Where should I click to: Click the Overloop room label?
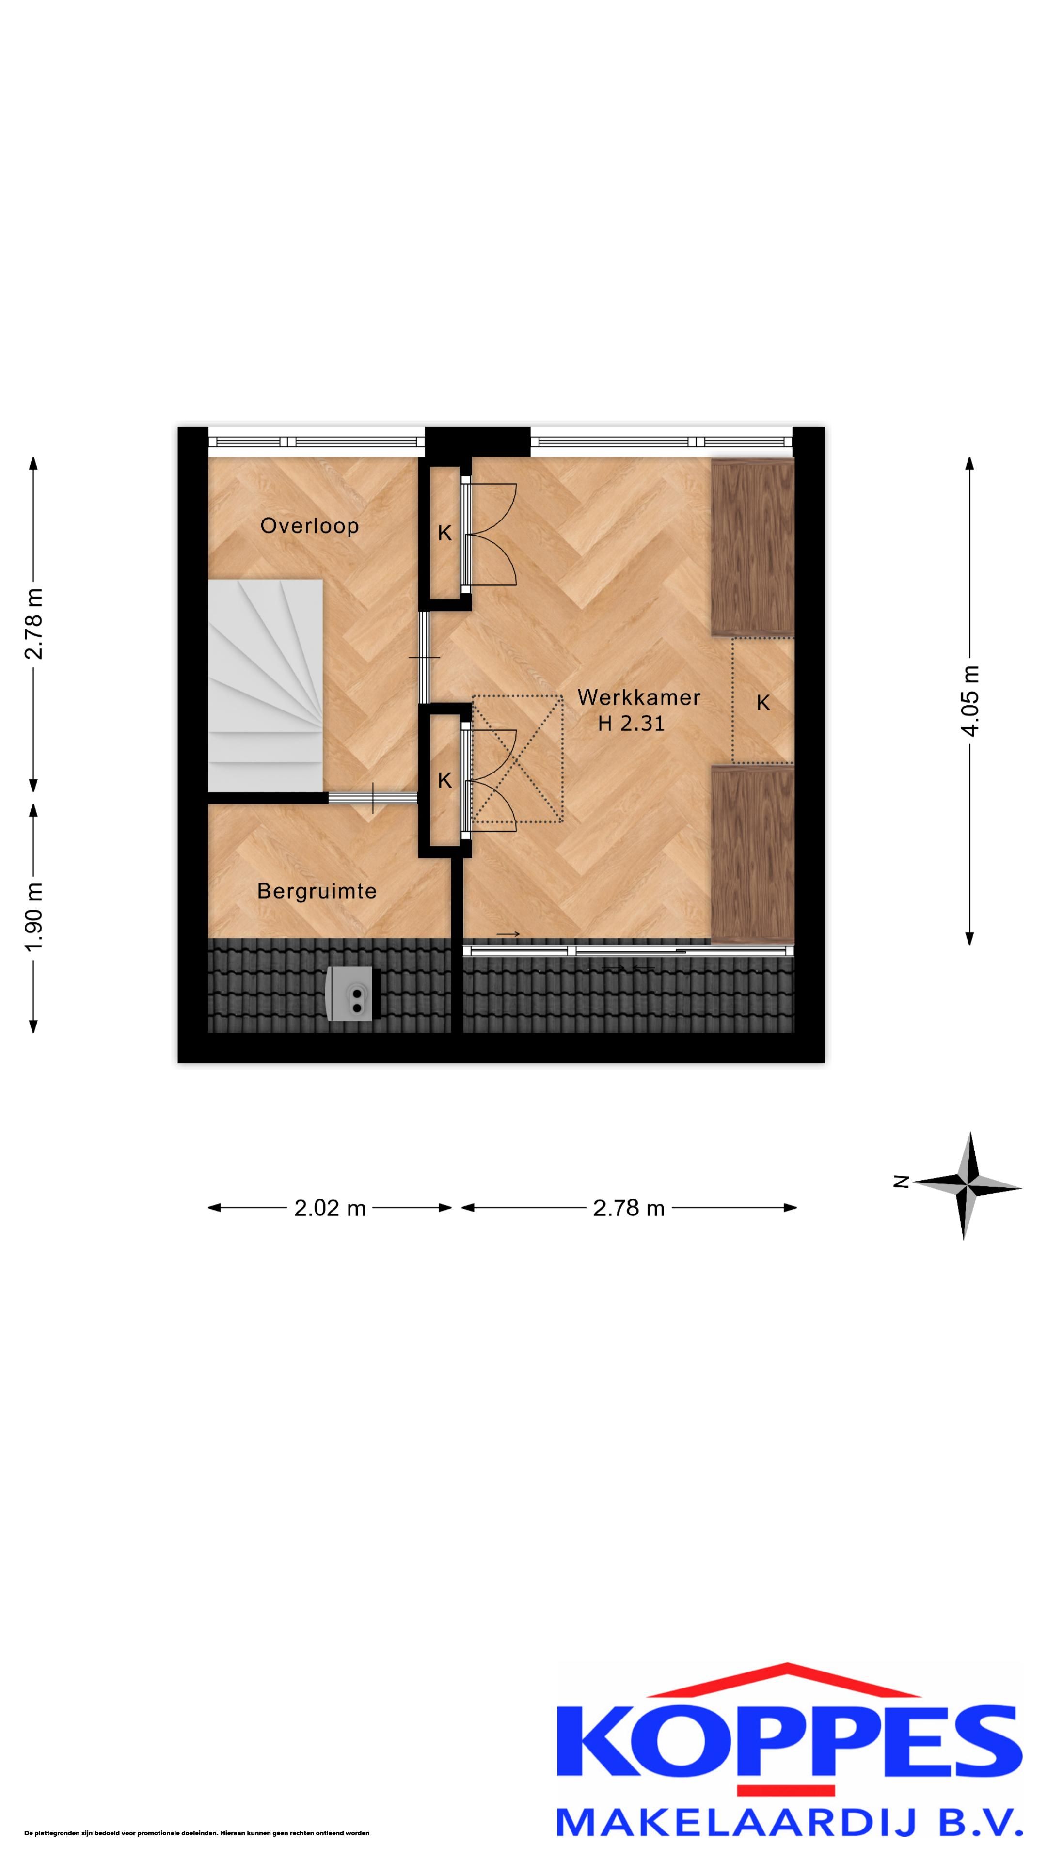tap(309, 525)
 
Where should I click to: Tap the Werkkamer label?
tap(639, 697)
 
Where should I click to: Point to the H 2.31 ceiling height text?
tap(631, 723)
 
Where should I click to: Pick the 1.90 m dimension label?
tap(34, 917)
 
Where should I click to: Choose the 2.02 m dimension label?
tap(330, 1208)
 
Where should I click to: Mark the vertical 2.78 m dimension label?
tap(34, 623)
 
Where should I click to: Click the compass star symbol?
tap(968, 1185)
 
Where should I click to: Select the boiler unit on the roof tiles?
tap(352, 994)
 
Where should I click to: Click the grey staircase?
tap(265, 685)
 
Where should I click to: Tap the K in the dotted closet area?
tap(763, 702)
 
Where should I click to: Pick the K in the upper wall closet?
tap(444, 533)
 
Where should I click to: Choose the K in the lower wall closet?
tap(444, 780)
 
